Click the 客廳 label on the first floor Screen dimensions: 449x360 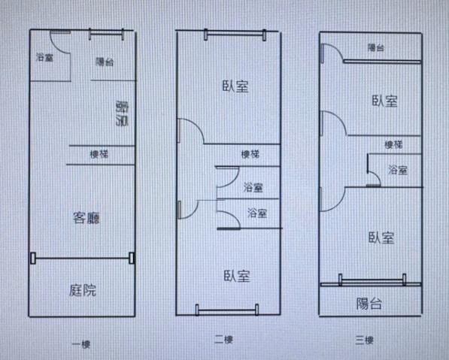pos(86,218)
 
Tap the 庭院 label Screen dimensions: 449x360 pos(83,290)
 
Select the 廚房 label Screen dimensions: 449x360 pos(122,113)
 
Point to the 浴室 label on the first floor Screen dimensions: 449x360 pos(44,57)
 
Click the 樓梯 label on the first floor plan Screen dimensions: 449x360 pos(99,155)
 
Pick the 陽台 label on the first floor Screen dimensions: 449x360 pos(105,62)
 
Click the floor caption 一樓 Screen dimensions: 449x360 pos(81,344)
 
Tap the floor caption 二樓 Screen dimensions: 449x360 pos(223,340)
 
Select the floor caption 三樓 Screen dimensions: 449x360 pos(365,340)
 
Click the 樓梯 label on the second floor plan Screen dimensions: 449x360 pos(250,155)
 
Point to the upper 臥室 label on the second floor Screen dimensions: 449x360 pos(235,86)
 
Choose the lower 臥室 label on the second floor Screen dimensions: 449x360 pos(237,276)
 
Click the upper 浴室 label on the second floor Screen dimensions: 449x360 pos(253,187)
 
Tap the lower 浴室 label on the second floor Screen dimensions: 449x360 pos(257,213)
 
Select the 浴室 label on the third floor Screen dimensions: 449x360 pos(398,170)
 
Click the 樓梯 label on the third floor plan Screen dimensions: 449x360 pos(393,144)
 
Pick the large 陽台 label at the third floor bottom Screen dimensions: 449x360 pos(369,304)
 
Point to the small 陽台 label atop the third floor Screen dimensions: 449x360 pos(376,47)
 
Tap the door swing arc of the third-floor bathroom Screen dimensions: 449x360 pos(377,175)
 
